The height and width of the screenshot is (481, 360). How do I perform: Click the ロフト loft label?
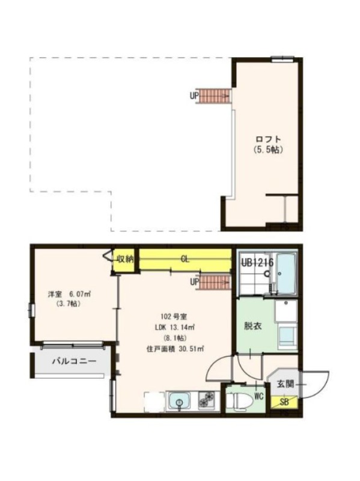click(268, 139)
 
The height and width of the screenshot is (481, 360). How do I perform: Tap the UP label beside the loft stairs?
click(194, 96)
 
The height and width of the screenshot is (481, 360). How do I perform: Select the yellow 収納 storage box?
click(124, 260)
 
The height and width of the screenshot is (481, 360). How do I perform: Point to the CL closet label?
click(185, 260)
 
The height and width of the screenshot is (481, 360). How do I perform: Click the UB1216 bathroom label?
click(257, 263)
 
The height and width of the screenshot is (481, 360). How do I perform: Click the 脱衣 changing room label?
click(252, 326)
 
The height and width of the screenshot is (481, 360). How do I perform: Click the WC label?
click(259, 397)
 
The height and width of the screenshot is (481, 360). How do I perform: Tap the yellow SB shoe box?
click(284, 402)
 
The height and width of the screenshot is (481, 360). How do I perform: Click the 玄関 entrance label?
click(285, 384)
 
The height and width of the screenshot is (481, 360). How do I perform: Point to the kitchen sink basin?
click(180, 401)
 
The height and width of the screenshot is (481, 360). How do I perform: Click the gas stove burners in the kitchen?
click(207, 400)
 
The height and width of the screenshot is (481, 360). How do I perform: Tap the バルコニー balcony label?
click(73, 361)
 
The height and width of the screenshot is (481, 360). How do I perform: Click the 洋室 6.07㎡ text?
click(69, 295)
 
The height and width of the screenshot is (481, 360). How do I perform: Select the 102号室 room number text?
click(174, 316)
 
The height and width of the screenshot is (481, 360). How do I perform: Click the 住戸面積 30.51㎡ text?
click(175, 349)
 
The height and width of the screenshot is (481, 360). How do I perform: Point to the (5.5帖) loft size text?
click(268, 150)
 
